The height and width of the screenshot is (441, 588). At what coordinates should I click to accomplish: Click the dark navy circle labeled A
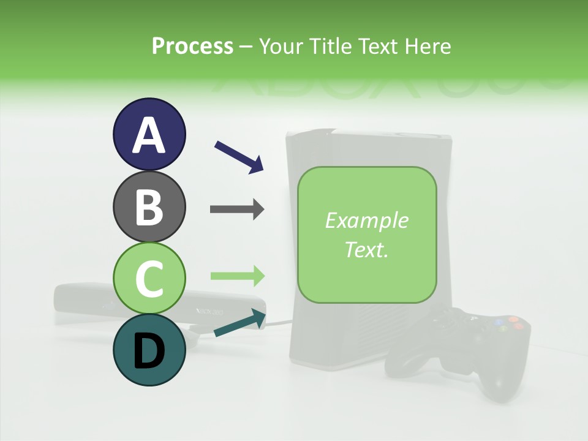coord(149,134)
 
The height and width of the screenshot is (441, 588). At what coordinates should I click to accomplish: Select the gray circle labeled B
coord(149,206)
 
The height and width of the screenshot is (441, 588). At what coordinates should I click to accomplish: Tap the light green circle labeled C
coord(149,278)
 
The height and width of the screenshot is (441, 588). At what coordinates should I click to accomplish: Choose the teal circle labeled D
coord(149,350)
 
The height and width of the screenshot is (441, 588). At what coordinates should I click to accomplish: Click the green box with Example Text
coord(367,235)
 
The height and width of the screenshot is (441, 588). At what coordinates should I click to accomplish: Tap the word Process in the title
coord(192,46)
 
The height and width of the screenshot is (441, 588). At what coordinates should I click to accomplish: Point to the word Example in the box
coord(367,221)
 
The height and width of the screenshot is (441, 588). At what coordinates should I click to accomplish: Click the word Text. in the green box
coord(367,250)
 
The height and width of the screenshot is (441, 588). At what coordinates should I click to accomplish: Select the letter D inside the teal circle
coord(149,351)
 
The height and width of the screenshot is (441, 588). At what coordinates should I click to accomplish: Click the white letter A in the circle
coord(149,135)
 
